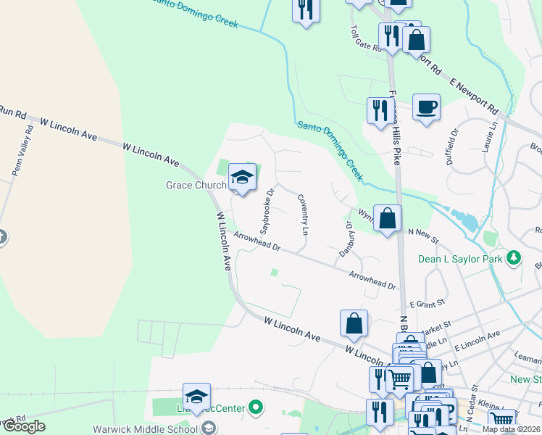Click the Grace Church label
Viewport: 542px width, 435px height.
click(x=196, y=185)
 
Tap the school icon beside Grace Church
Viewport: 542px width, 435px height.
click(x=243, y=177)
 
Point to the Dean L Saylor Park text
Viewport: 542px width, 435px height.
click(x=460, y=258)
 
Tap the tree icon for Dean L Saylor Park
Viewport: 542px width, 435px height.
click(x=514, y=257)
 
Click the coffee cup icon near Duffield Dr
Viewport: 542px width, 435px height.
click(x=426, y=107)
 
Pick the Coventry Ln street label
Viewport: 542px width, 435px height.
click(x=303, y=214)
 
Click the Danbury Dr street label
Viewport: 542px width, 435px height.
click(x=347, y=240)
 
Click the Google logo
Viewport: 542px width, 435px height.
click(x=24, y=426)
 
